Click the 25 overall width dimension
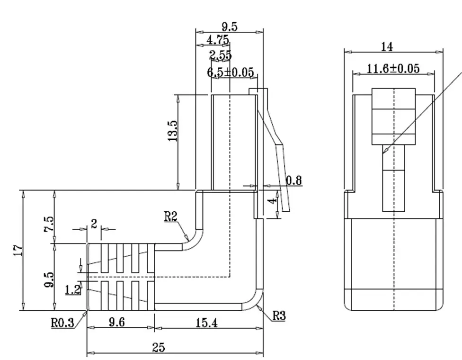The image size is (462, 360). pyautogui.click(x=159, y=348)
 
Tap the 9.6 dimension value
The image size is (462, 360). pyautogui.click(x=116, y=323)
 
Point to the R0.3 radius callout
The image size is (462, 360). pyautogui.click(x=62, y=324)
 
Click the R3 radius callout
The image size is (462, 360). pyautogui.click(x=279, y=315)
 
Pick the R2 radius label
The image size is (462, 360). pyautogui.click(x=171, y=217)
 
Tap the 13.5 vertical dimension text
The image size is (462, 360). pyautogui.click(x=172, y=131)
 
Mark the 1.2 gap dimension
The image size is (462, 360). pyautogui.click(x=73, y=289)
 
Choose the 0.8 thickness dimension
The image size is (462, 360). pyautogui.click(x=294, y=180)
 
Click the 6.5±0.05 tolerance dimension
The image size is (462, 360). pyautogui.click(x=231, y=72)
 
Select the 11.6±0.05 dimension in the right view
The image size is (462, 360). pyautogui.click(x=393, y=69)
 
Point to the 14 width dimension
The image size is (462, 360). pyautogui.click(x=387, y=46)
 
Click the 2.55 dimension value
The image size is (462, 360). pyautogui.click(x=221, y=55)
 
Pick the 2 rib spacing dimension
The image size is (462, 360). pyautogui.click(x=94, y=224)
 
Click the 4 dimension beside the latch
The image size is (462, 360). pyautogui.click(x=272, y=201)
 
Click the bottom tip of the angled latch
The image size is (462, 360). pyautogui.click(x=286, y=210)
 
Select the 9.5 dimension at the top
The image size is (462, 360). pyautogui.click(x=229, y=27)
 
